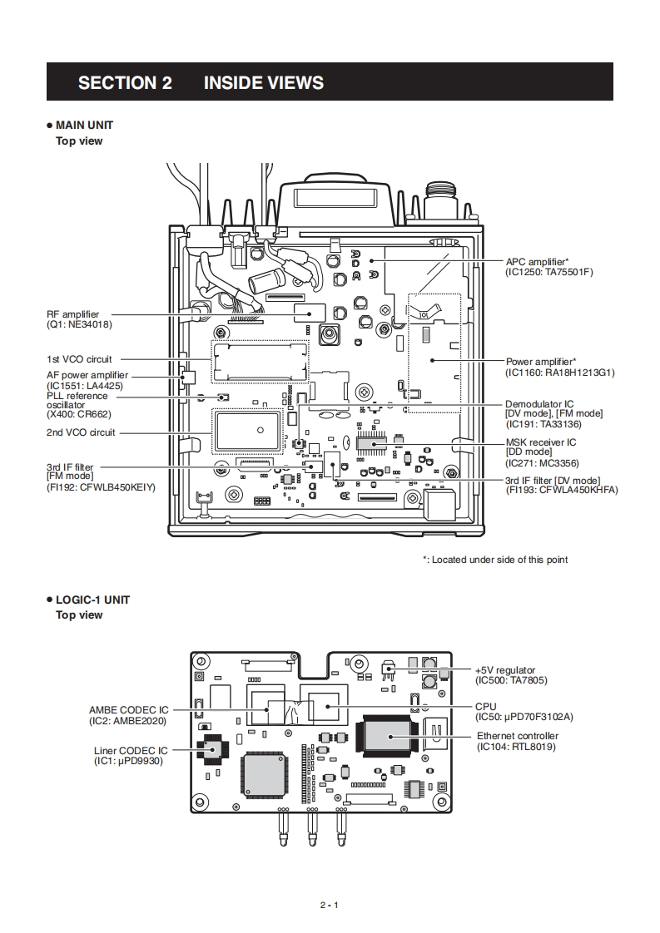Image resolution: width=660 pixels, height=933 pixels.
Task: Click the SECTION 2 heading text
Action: pos(125,82)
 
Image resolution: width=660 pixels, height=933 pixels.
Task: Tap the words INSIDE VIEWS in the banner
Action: pos(264,82)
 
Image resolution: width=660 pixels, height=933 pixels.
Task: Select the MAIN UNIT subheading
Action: pos(84,125)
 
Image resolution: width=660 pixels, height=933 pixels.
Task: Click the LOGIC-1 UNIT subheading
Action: pos(92,600)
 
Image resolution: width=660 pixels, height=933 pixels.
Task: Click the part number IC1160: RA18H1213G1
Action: pos(560,373)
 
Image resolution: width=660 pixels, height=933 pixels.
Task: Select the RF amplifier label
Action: pos(72,314)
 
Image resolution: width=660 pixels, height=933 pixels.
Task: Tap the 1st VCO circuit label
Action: pos(79,359)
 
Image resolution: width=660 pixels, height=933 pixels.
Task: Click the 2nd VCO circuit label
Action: pos(81,432)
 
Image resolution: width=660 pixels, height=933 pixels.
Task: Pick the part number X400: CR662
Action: pos(78,414)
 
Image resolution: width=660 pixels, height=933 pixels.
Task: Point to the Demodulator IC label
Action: pos(539,404)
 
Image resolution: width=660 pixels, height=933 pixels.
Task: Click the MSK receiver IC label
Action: pos(541,442)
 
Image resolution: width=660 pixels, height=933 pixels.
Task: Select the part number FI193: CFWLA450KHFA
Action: pos(563,491)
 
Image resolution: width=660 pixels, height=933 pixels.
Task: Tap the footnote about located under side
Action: pos(495,560)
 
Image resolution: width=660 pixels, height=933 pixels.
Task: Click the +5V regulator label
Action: pos(505,670)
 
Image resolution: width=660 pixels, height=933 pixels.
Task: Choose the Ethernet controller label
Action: pos(518,736)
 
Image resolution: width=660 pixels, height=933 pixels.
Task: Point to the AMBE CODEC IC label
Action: pos(129,710)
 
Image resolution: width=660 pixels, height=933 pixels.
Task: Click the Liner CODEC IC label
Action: pos(131,751)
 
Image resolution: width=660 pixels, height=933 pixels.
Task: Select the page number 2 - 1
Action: pos(330,905)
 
